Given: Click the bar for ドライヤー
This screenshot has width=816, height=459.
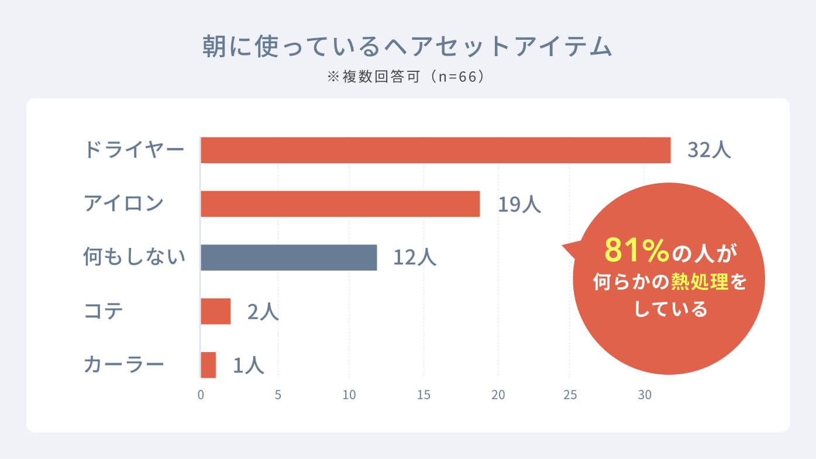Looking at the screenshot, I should coord(435,150).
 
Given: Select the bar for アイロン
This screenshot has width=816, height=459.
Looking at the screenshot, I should coord(340,204).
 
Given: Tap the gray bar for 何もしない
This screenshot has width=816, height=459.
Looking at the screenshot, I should coord(288,258).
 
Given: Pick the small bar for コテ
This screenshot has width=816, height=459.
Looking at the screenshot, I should coord(215,311).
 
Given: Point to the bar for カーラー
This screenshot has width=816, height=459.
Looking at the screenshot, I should coord(208,365).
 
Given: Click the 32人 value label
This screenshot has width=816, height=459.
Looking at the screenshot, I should coord(709,150).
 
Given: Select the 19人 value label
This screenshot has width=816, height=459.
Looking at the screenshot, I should coord(519,204).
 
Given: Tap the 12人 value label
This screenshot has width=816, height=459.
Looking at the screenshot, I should coord(415,258).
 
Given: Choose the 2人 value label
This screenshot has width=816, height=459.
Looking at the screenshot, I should coord(263,312).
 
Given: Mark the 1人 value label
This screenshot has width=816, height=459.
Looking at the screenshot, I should coord(249,365).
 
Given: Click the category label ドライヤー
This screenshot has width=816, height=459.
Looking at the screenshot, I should coord(134,150).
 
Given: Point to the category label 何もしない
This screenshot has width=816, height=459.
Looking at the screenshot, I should coord(134,257).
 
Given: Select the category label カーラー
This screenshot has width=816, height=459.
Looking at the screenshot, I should coord(123,364).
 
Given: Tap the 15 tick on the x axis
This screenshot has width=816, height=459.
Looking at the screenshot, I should coord(424,395).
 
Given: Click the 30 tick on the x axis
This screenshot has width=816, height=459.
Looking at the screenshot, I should coord(644,395).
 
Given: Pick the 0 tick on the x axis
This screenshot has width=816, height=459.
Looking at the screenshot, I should coord(201,395).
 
